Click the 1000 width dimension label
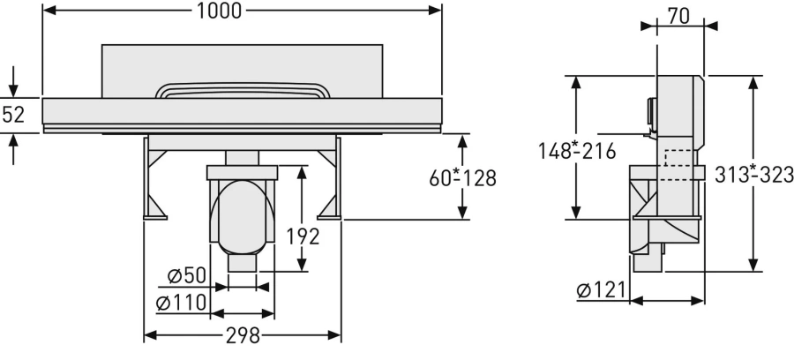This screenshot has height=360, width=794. (x=219, y=11)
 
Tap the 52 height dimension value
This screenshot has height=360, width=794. (x=13, y=115)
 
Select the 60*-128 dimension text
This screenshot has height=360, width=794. (x=462, y=177)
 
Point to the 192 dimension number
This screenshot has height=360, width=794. (x=303, y=236)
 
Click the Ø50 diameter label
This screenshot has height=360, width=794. (x=187, y=276)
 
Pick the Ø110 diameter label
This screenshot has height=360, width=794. (x=181, y=303)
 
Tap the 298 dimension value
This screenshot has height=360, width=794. (x=243, y=335)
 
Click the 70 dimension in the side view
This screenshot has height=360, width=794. (x=678, y=16)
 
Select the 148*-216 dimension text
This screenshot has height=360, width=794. (x=577, y=151)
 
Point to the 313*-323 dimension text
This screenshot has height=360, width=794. (x=754, y=175)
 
